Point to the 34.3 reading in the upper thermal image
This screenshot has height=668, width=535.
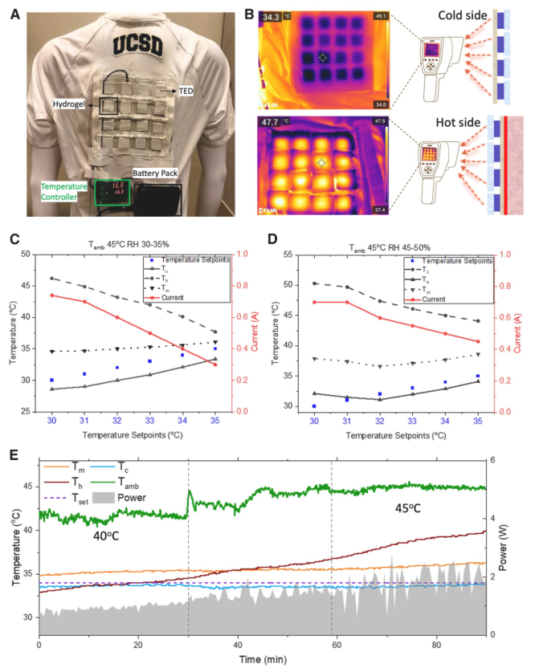pyautogui.click(x=272, y=17)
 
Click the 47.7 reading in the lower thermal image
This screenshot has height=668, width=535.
pyautogui.click(x=272, y=123)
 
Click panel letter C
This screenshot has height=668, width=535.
pyautogui.click(x=14, y=240)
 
